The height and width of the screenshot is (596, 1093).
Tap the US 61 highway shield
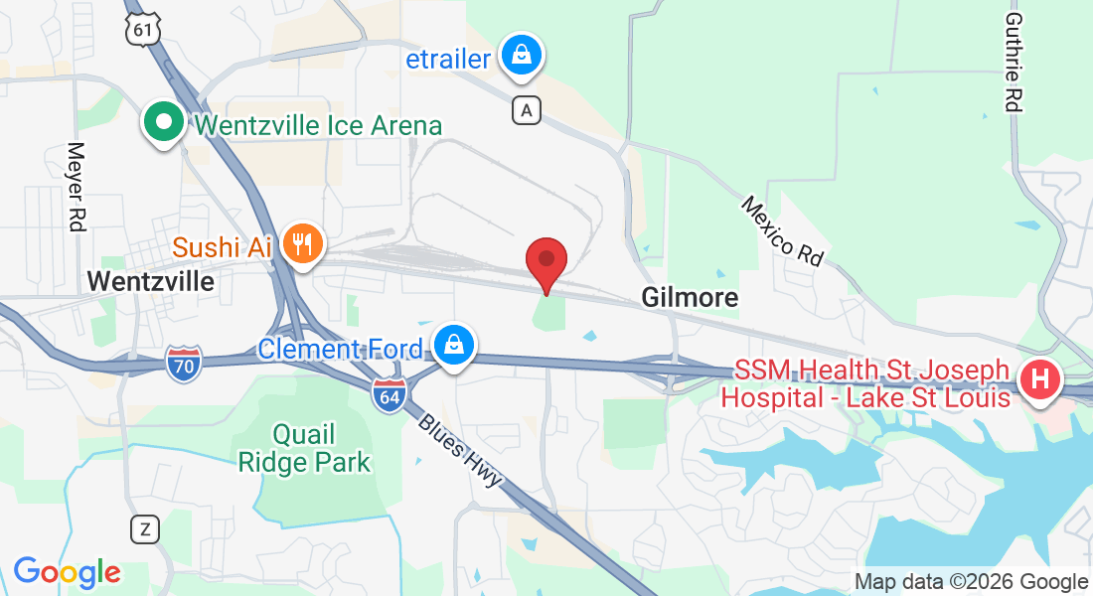coord(143,30)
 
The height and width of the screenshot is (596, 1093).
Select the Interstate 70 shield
coord(184,365)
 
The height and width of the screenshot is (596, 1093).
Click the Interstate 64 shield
coord(389,395)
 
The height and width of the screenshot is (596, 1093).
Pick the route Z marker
coord(145,528)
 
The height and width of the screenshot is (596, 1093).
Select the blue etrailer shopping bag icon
coord(521,57)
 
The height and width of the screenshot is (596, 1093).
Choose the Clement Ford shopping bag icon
coord(453,348)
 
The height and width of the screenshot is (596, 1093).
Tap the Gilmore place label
coord(690,297)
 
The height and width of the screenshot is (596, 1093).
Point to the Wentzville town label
coord(151,281)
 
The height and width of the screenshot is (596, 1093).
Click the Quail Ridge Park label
coord(304,448)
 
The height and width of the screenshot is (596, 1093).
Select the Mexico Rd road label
coord(783,230)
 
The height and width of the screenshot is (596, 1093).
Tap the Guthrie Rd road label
coord(1013,62)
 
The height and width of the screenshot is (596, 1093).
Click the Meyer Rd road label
coord(76,187)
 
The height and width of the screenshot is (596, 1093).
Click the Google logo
coord(67,572)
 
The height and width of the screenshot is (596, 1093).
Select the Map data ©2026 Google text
coord(971,582)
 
